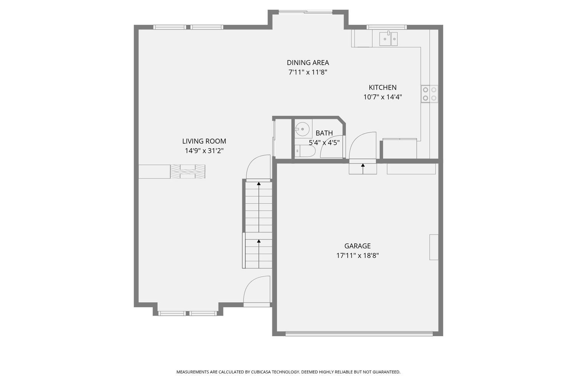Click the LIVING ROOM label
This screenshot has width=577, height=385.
pos(204,141)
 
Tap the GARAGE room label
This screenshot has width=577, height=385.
pos(357,246)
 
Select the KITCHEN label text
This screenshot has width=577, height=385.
pos(382,87)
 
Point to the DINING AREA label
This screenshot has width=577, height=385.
pos(308,63)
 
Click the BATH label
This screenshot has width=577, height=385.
pos(324,133)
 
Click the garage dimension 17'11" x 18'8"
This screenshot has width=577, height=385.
pos(357,256)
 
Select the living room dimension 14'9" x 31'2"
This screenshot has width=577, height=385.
pos(204,151)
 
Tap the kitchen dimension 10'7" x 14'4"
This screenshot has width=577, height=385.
pos(382,97)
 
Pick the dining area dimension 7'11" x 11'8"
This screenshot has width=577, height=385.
pos(308,72)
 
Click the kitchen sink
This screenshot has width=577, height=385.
pos(388,39)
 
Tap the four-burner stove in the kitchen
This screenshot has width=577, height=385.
pos(429,94)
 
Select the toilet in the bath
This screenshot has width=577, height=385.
pos(305,151)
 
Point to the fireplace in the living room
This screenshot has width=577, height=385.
pos(188,171)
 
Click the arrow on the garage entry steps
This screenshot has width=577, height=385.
pos(363,169)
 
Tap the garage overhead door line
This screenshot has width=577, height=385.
pos(359,334)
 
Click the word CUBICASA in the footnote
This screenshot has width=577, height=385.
pos(261,372)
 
